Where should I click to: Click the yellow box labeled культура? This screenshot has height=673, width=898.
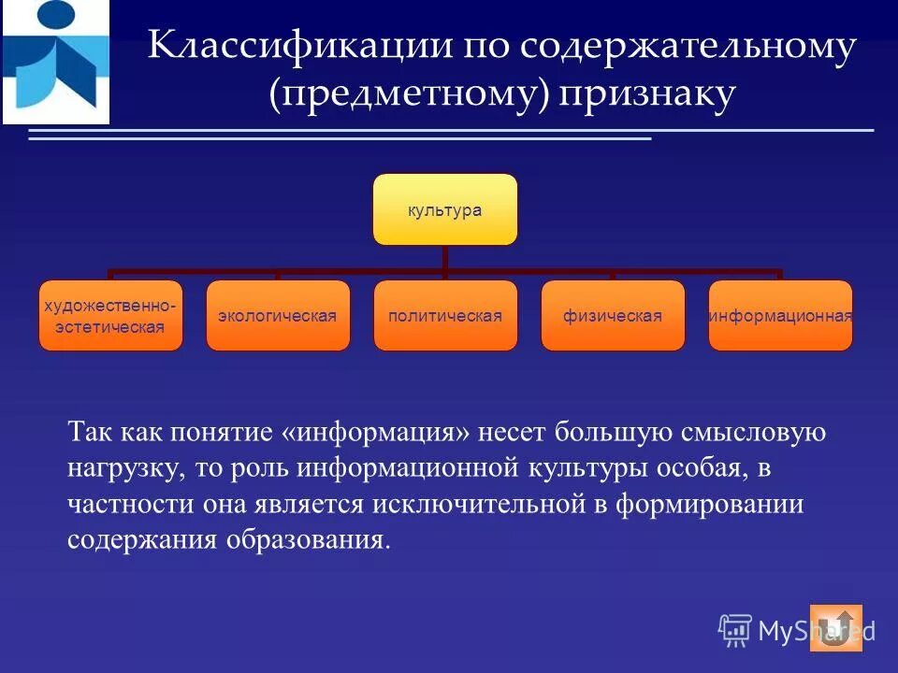[445, 209]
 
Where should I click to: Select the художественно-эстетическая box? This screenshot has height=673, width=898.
[110, 316]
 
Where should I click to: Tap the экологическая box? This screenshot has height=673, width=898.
[278, 316]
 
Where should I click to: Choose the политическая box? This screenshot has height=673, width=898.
[445, 316]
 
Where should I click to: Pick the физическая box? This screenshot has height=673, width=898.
[613, 316]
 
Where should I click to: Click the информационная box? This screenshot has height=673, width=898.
[780, 316]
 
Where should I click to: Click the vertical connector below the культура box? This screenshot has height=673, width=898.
[445, 258]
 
